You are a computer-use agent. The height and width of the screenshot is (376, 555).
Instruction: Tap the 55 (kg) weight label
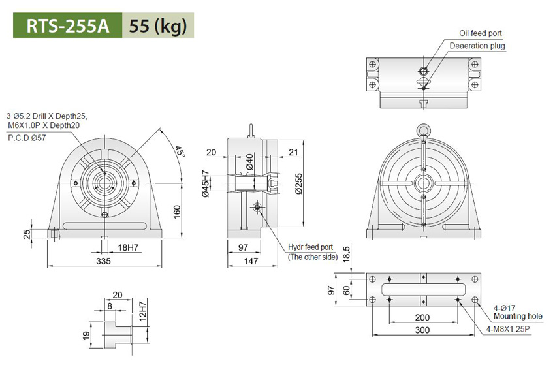coord(158,26)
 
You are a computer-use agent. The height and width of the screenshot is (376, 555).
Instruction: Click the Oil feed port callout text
coord(480,33)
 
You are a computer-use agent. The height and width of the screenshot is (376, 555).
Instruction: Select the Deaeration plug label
coord(477,46)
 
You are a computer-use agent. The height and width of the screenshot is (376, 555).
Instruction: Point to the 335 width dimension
coord(103,261)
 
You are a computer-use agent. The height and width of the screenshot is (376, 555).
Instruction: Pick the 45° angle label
coord(180,154)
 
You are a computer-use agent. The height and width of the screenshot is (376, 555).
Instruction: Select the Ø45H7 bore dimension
coord(204,184)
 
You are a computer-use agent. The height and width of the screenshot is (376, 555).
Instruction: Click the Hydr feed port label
coord(311,248)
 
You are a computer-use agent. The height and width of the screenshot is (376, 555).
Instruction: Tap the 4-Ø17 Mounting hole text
coord(516,311)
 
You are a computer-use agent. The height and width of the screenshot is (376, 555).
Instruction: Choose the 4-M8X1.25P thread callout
coord(508,328)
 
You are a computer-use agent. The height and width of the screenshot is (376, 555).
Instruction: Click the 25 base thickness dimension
coord(27,234)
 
